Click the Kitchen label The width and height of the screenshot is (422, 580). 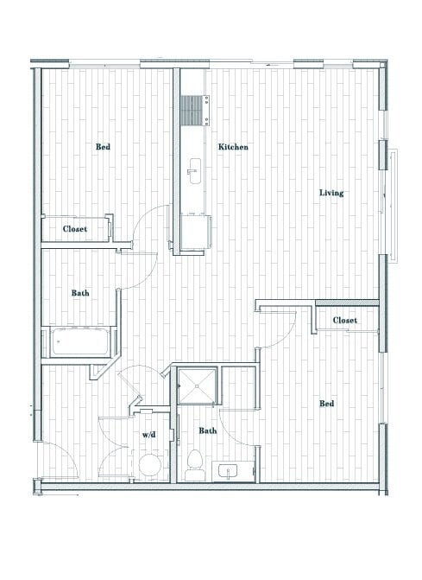[x=233, y=148]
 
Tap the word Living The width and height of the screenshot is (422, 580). [x=331, y=193]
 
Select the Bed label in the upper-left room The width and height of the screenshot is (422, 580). [x=103, y=147]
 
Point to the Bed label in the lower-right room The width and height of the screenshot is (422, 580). [x=327, y=404]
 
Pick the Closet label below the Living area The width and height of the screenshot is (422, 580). [x=345, y=321]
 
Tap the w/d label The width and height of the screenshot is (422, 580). [x=149, y=434]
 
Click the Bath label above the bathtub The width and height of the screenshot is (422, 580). [x=81, y=294]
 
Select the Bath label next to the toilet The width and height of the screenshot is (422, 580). [x=208, y=430]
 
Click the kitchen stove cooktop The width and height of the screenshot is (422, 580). [x=193, y=110]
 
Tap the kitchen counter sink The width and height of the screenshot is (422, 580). [x=193, y=168]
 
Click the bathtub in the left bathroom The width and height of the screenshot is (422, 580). [x=79, y=343]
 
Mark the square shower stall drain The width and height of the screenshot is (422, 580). [x=196, y=386]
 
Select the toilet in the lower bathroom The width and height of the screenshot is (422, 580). [x=195, y=463]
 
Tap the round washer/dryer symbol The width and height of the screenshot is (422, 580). [x=148, y=468]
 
